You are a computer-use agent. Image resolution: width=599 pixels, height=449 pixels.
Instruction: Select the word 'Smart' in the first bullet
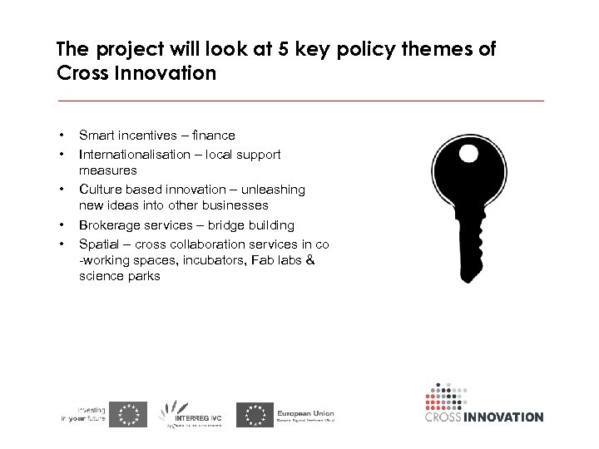click(x=97, y=135)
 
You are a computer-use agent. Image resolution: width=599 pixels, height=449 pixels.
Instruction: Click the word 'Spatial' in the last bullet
click(x=98, y=244)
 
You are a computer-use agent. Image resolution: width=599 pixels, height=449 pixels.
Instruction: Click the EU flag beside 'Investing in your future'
click(x=129, y=414)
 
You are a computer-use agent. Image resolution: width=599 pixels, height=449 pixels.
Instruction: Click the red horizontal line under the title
click(x=299, y=101)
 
